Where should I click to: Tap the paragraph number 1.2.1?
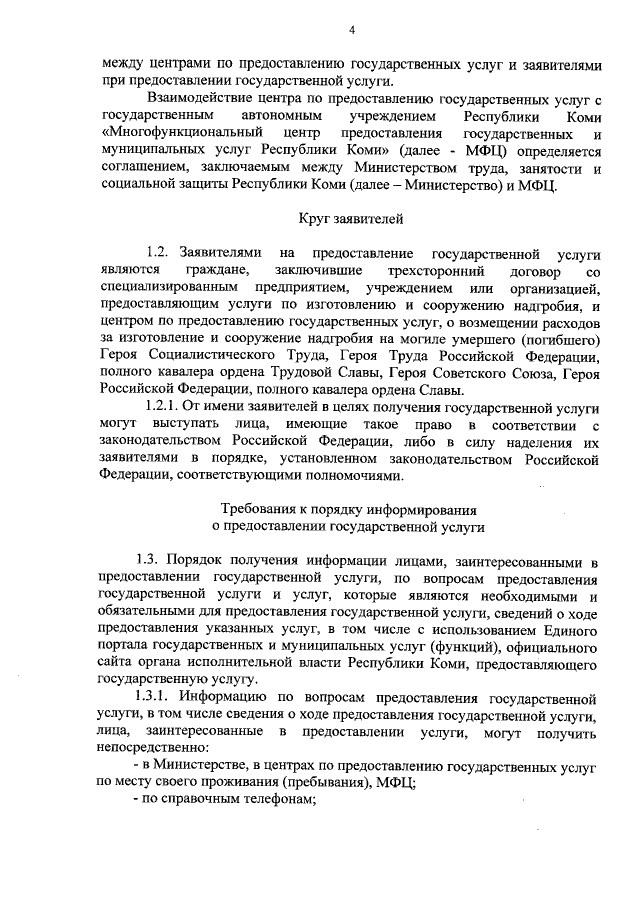(166, 408)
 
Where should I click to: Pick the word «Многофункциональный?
(176, 134)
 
